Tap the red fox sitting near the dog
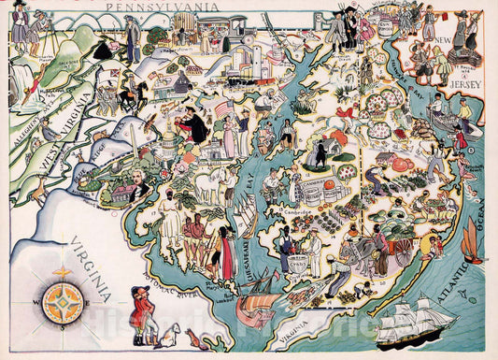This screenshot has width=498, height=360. click(x=193, y=336)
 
